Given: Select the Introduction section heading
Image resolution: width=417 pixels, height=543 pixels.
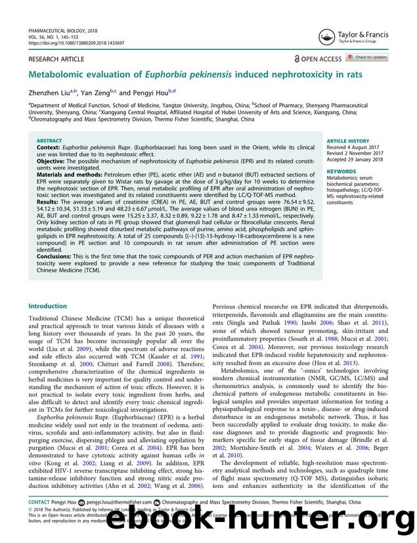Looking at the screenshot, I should pos(47,306).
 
